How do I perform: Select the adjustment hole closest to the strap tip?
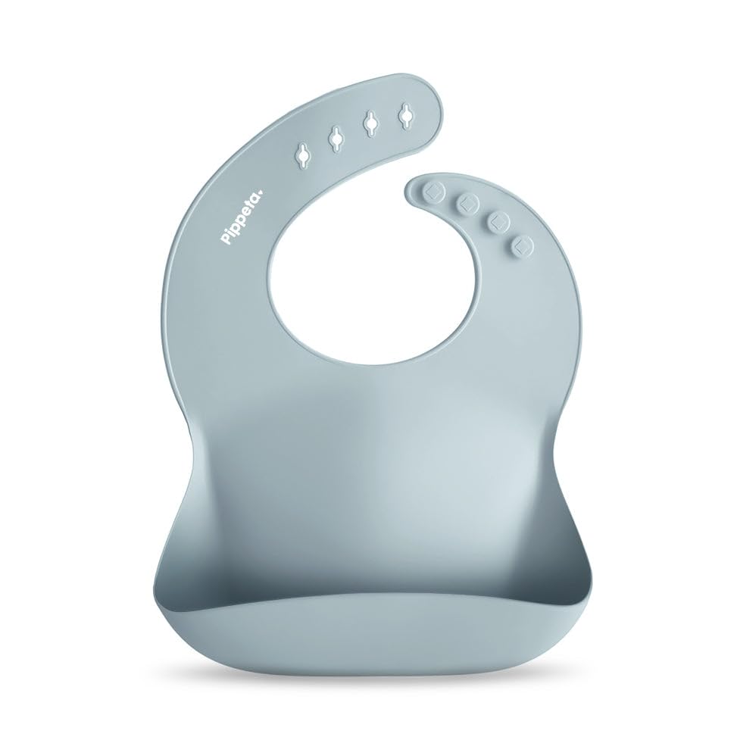click(x=408, y=114)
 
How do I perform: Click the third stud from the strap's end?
click(x=498, y=220)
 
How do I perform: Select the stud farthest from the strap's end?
click(x=521, y=245)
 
